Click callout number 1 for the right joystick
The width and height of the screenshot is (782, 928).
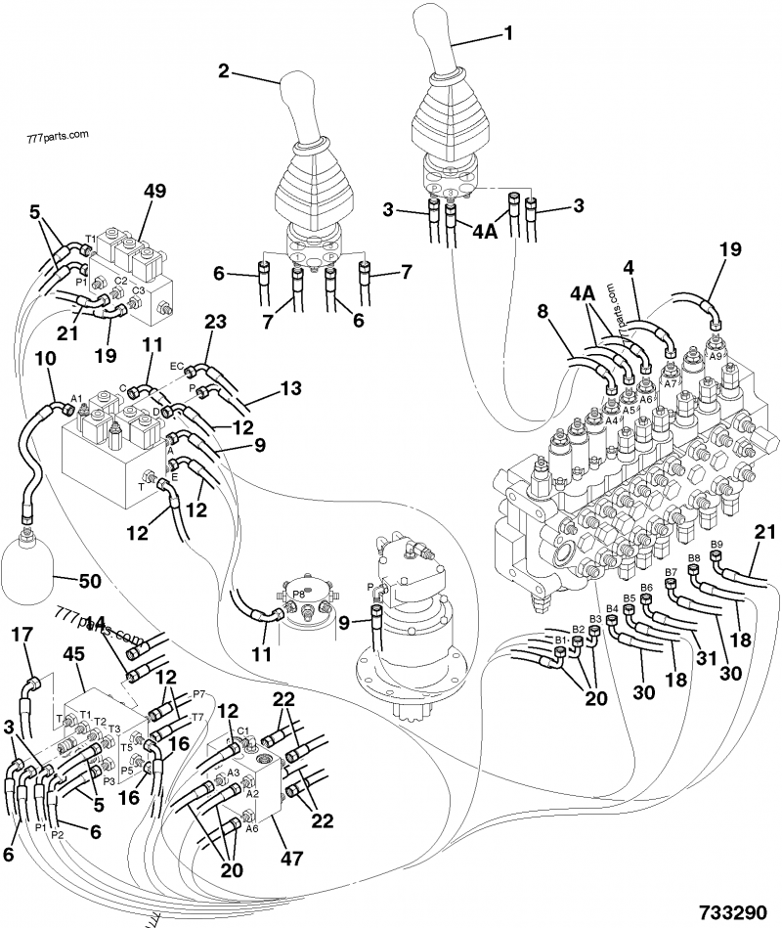(x=507, y=32)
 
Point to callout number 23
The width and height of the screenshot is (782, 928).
(x=214, y=322)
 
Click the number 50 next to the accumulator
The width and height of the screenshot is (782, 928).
(x=89, y=581)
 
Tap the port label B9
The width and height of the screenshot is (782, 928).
(x=717, y=545)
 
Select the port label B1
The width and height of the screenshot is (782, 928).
(x=560, y=640)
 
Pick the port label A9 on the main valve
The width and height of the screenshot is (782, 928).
(x=716, y=358)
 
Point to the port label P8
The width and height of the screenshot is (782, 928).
(x=298, y=593)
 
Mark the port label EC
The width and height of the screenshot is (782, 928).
(x=177, y=367)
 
